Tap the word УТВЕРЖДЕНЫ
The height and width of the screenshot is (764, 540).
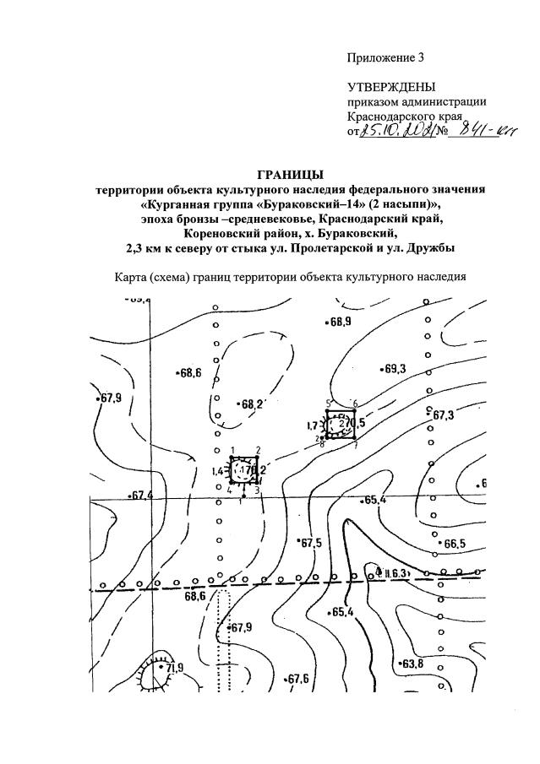tap(390, 88)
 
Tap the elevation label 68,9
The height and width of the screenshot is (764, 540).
tap(341, 322)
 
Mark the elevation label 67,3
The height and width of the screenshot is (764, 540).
tap(443, 416)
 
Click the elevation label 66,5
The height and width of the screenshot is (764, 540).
tap(454, 544)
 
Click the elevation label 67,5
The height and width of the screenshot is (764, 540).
tap(312, 543)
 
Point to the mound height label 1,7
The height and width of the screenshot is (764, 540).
tap(312, 425)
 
